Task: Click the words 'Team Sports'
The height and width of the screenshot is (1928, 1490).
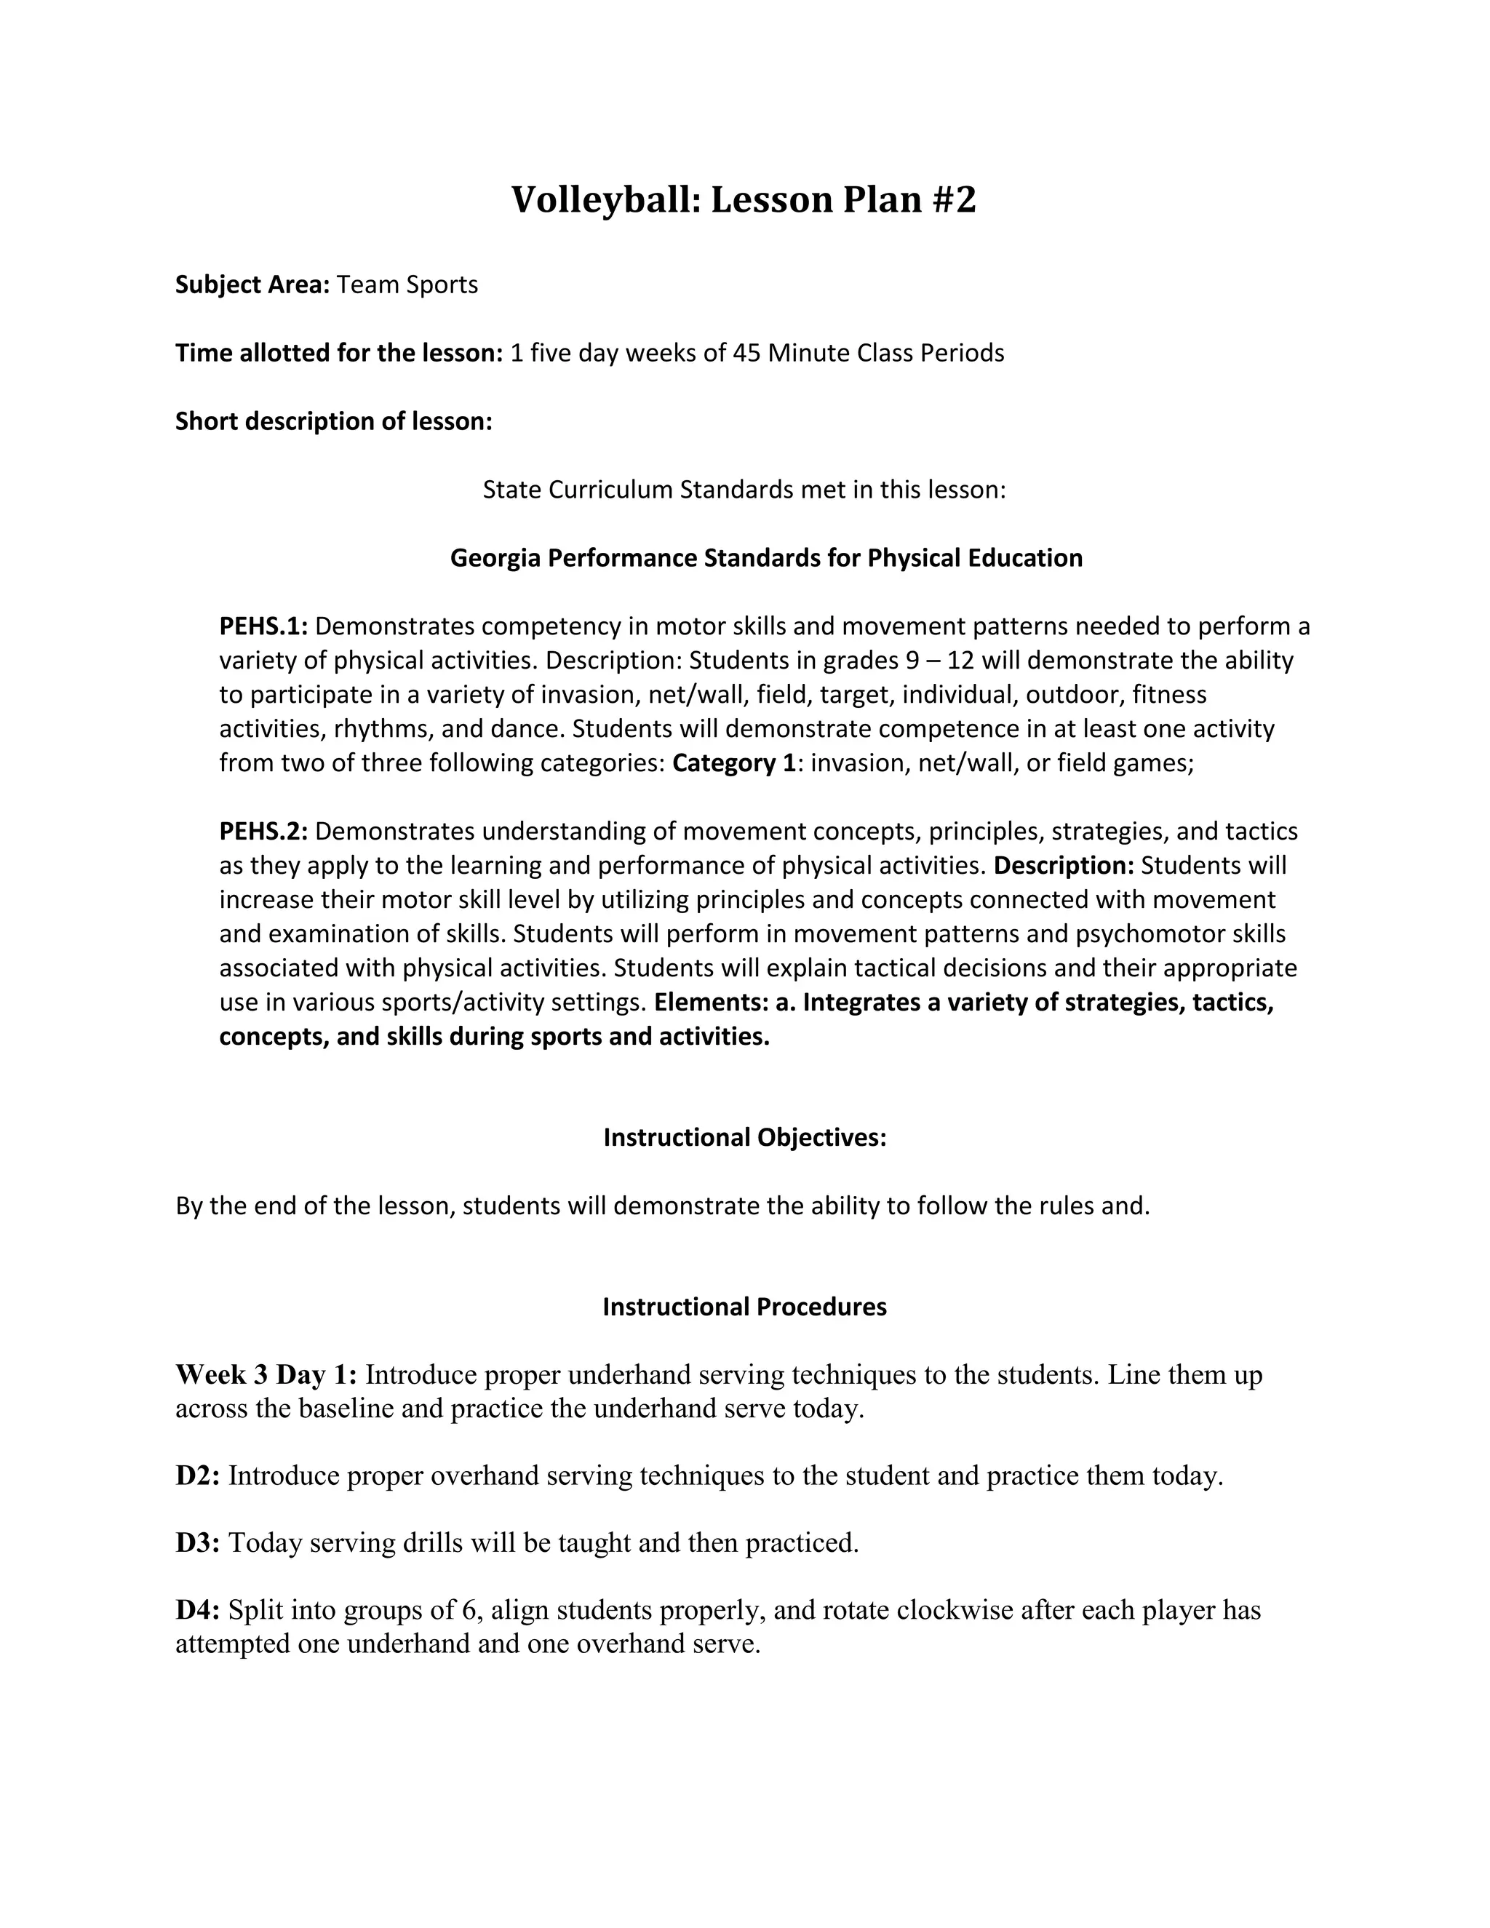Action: pyautogui.click(x=407, y=284)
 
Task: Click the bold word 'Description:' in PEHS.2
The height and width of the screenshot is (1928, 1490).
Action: pyautogui.click(x=1064, y=865)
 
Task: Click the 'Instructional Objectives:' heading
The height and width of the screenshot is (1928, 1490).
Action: pyautogui.click(x=744, y=1137)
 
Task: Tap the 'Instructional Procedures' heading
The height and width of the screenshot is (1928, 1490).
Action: pyautogui.click(x=744, y=1307)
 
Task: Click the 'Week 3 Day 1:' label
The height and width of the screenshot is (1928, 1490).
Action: pyautogui.click(x=266, y=1374)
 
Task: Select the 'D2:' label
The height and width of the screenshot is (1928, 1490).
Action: pyautogui.click(x=198, y=1475)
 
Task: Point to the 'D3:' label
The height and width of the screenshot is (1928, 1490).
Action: pyautogui.click(x=198, y=1542)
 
